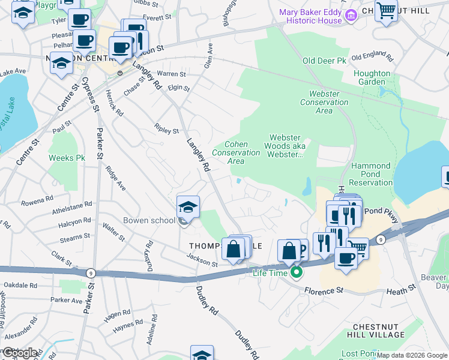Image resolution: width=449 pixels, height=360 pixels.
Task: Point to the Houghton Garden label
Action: pos(372,77)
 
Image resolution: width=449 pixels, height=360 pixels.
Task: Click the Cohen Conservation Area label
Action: pos(236,152)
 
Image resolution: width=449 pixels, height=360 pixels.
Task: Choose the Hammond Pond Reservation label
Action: pos(370,174)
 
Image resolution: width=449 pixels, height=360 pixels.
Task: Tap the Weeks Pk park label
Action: pos(67,158)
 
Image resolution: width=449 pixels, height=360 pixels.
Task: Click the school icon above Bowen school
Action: pos(188,208)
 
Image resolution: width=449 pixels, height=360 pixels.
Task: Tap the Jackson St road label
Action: pos(202,260)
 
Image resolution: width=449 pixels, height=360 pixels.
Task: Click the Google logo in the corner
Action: pos(19,353)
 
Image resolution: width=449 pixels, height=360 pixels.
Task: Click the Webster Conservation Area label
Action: pos(324,102)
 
